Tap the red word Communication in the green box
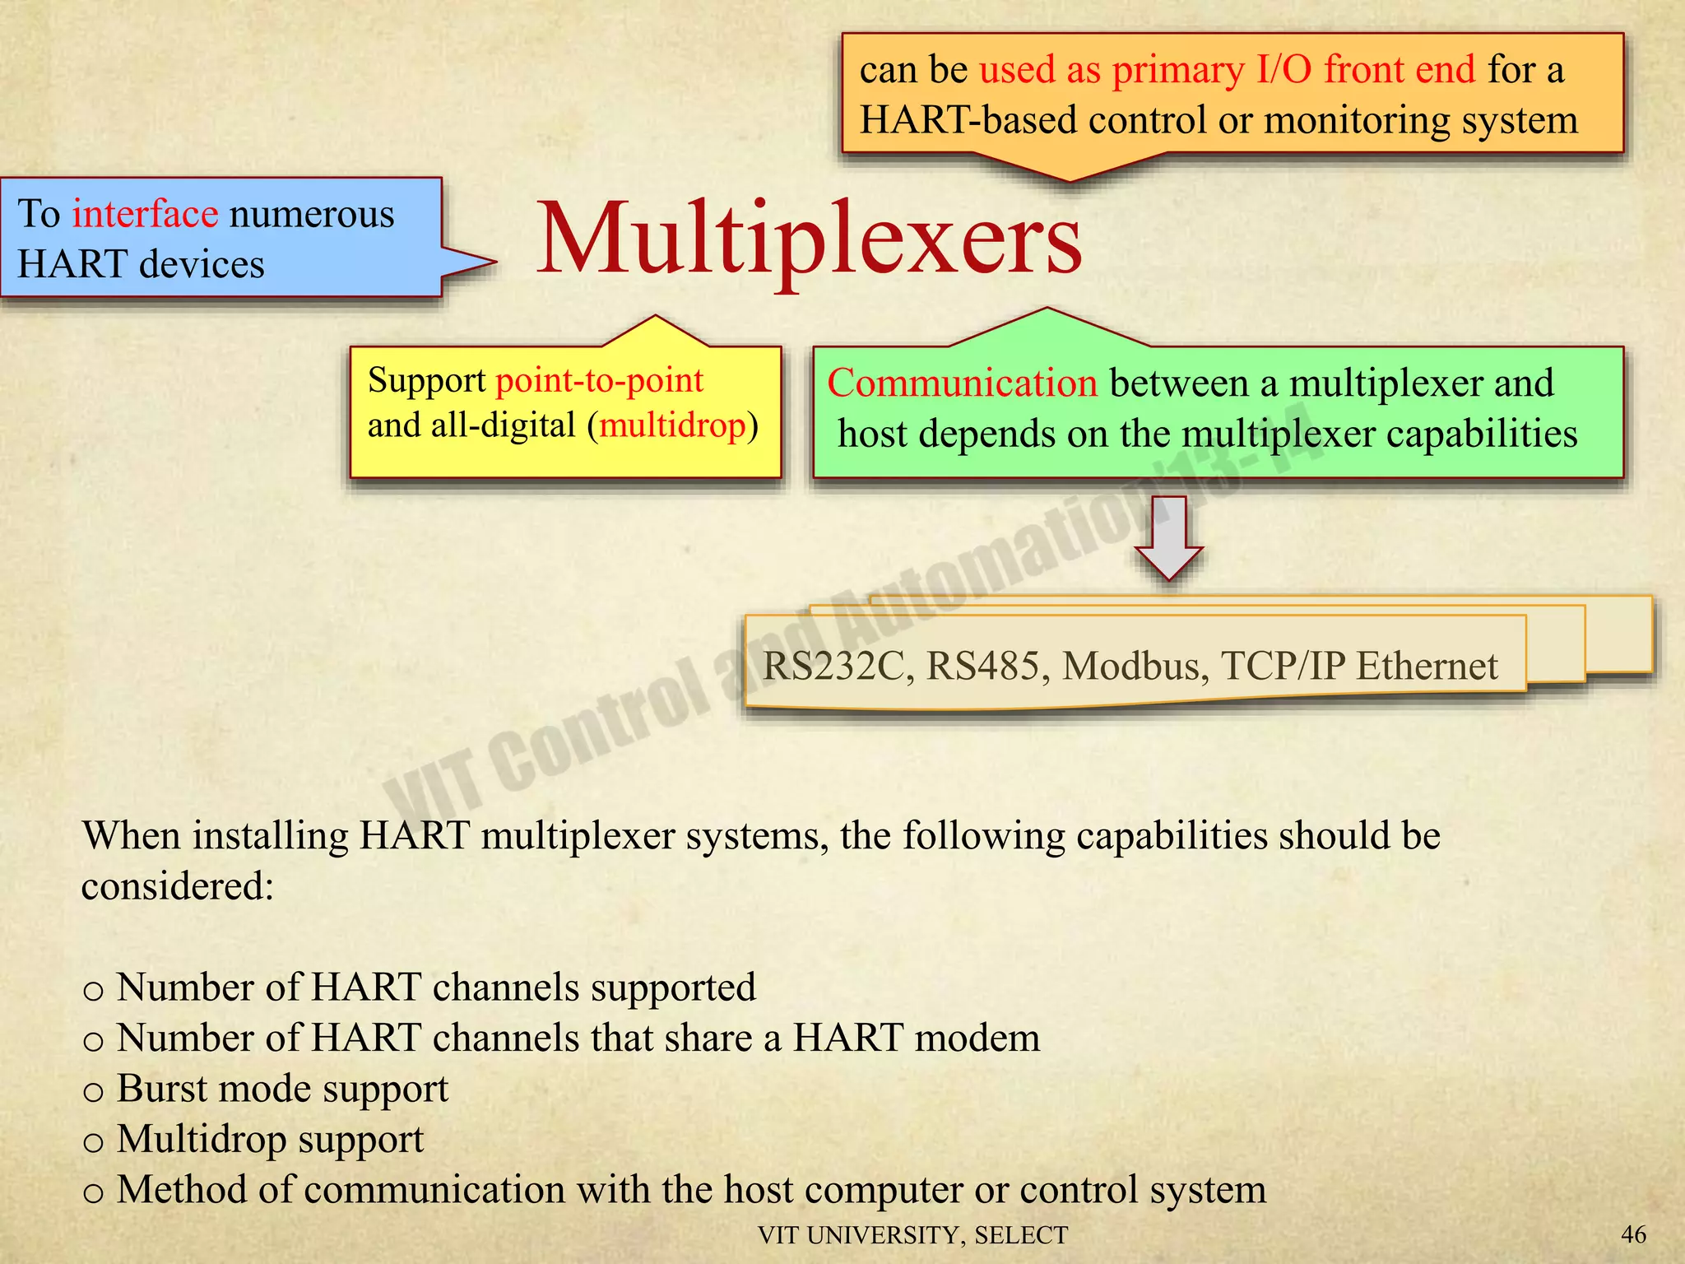(x=962, y=383)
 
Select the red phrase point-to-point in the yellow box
(x=599, y=380)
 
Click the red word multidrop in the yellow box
(x=672, y=425)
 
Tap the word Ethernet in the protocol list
(x=1427, y=666)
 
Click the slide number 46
(x=1633, y=1234)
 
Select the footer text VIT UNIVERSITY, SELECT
(x=912, y=1235)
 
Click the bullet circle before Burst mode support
(x=94, y=1093)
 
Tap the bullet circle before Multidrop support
(x=94, y=1143)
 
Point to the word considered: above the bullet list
(x=177, y=886)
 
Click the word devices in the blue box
(x=202, y=264)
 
